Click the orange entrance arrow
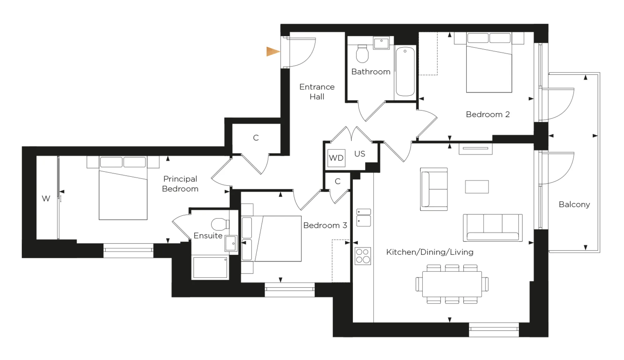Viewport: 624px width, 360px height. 272,52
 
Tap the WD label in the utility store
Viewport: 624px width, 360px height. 336,158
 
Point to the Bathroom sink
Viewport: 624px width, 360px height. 381,43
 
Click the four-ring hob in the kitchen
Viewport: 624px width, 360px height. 363,256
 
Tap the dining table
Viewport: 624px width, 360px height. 452,284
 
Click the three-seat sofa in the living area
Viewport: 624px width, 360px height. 492,228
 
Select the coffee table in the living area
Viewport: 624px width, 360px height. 477,187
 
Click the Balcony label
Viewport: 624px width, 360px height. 574,205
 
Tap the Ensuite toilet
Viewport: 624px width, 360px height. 220,224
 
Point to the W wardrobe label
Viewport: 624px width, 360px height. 46,199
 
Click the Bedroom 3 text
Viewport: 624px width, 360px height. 325,225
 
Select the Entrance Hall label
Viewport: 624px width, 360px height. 317,91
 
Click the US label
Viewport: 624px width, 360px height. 359,154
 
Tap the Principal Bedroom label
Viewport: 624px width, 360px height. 180,184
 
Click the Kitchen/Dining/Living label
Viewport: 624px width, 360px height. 430,252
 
